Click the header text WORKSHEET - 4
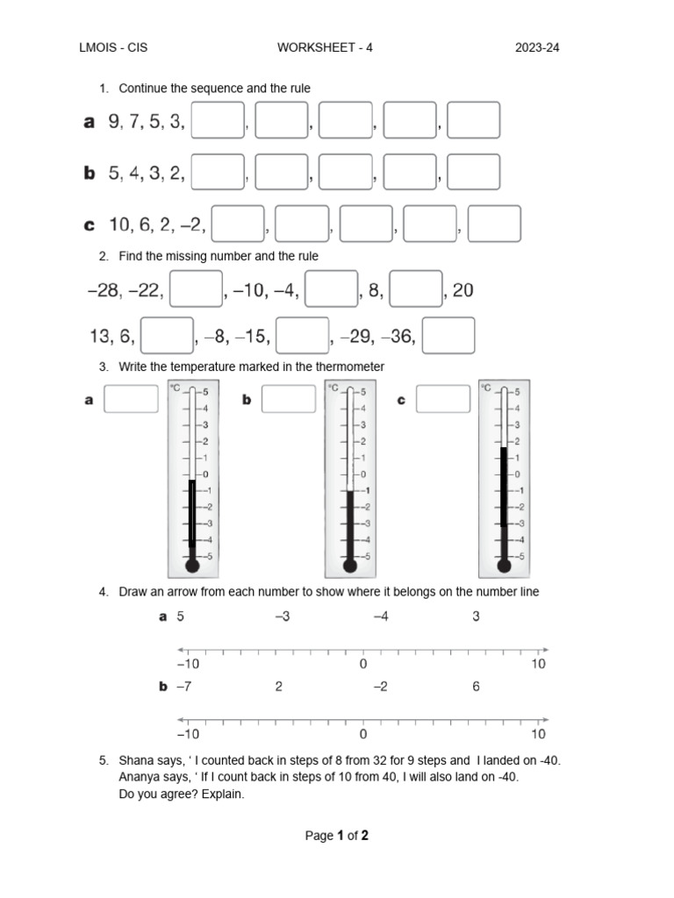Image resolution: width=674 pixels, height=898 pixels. (325, 48)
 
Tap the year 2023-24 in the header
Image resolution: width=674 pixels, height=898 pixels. (537, 48)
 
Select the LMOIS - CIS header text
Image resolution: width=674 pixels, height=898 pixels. (113, 48)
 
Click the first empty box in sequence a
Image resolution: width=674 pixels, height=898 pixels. (217, 121)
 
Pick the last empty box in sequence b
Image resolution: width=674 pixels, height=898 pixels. (473, 173)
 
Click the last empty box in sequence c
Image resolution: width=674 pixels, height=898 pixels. (494, 224)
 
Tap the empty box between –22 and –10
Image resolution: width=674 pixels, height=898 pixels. (196, 289)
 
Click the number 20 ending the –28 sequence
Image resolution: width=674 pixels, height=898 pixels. (462, 290)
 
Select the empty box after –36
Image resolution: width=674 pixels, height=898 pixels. (448, 336)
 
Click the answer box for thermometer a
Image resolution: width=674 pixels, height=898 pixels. (131, 400)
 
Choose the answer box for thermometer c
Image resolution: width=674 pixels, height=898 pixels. (443, 400)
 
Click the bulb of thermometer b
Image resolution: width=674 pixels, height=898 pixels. (350, 566)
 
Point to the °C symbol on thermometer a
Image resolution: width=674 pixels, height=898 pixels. (176, 388)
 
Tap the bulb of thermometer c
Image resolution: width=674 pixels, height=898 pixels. (504, 566)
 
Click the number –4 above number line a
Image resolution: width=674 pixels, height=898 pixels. (381, 616)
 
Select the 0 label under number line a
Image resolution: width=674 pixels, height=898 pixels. (363, 664)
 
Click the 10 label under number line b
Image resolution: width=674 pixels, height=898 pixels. (538, 734)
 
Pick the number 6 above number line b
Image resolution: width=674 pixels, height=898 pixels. (477, 687)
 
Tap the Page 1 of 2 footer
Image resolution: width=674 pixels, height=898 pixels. (336, 836)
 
